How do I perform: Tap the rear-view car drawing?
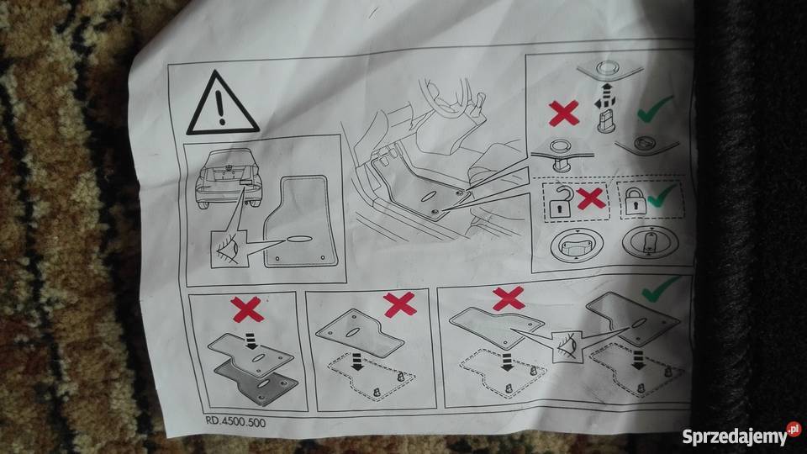click(228, 177)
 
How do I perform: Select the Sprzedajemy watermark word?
click(735, 437)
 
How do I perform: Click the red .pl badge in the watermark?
click(794, 429)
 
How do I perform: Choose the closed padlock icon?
click(635, 201)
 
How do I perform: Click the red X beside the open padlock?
click(590, 198)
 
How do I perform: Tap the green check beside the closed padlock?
click(662, 196)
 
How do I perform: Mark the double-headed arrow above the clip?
click(605, 96)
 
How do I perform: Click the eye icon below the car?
click(229, 250)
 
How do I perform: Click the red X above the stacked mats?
click(247, 309)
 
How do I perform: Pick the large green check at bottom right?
click(661, 288)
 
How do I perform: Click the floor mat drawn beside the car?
click(301, 222)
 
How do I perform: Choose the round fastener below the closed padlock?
click(650, 243)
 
